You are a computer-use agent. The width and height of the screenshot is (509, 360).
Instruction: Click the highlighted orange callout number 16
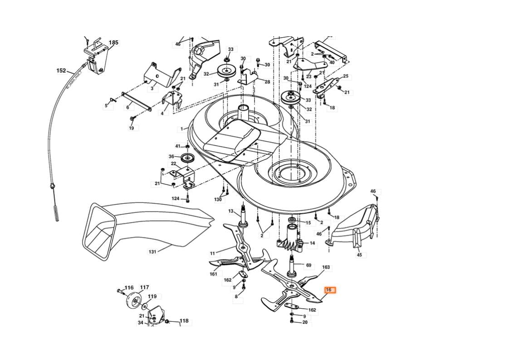coord(329,290)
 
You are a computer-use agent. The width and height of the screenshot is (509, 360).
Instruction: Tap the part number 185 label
coord(113,43)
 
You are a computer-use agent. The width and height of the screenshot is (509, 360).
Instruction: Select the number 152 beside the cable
coord(61,71)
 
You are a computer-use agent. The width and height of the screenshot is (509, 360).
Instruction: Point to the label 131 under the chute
coord(152,252)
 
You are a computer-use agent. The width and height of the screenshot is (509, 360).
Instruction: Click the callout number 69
coord(308,265)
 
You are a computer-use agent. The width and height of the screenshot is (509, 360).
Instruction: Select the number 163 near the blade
coord(326,268)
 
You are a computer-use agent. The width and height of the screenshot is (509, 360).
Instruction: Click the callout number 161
coord(213,274)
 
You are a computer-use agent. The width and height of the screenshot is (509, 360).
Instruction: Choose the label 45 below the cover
coord(359,255)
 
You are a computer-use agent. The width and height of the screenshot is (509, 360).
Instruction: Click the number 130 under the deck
coord(218,200)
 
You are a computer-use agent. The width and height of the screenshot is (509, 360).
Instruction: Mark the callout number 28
coord(267,82)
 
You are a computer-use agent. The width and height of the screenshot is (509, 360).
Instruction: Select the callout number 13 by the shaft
coord(230,211)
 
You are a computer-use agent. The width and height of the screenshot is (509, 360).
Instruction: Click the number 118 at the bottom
coord(184,321)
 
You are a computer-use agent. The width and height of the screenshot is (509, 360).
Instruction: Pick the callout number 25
coord(346,76)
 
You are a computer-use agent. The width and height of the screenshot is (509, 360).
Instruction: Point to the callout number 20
coord(305,322)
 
